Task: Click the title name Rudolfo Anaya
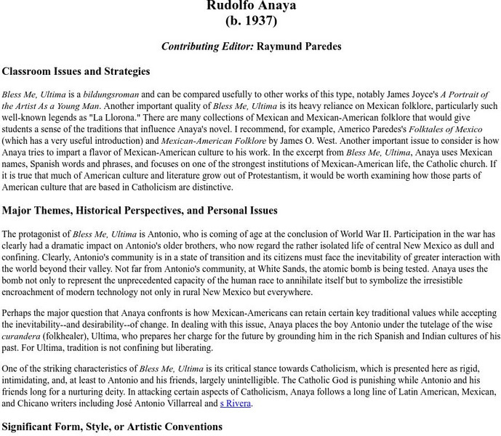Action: pos(251,7)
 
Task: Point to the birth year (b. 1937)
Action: pos(251,21)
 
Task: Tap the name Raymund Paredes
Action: pos(299,47)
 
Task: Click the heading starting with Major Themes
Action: pos(140,211)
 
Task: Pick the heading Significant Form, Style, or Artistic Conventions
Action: pos(113,427)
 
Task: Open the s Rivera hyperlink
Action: pos(236,404)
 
